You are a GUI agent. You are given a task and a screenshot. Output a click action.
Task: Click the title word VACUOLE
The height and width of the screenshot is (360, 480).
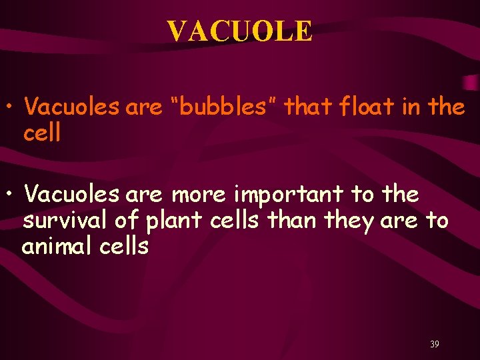click(x=239, y=31)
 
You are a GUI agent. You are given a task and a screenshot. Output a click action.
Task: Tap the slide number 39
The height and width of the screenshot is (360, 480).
click(x=434, y=345)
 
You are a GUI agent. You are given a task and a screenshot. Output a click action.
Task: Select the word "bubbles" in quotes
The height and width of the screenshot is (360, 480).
click(x=222, y=107)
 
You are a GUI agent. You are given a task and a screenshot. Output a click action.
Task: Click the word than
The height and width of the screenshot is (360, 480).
click(x=285, y=221)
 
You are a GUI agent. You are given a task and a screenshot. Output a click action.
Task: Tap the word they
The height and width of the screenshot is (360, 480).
click(x=339, y=221)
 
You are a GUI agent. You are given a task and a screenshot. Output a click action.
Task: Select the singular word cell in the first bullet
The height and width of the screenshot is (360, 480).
click(x=41, y=132)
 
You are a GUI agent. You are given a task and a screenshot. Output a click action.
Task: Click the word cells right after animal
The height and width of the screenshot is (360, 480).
click(x=125, y=247)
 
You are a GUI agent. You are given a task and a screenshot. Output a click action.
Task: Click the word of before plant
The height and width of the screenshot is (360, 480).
click(x=121, y=221)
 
